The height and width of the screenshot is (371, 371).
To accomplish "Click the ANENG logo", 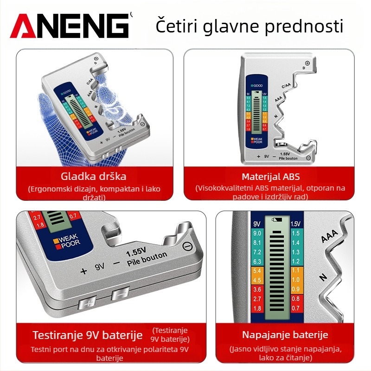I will (70, 26).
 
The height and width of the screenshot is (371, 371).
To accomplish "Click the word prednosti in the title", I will (304, 26).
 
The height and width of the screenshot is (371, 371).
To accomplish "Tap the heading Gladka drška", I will (94, 176).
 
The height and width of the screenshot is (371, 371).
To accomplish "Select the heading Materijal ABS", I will (270, 177).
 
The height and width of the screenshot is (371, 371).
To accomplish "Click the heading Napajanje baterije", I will (285, 335).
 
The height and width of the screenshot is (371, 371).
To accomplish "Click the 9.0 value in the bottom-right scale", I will (258, 233).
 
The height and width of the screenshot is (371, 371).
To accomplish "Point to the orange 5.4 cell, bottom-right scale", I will (258, 270).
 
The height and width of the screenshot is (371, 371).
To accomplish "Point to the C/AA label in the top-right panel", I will (287, 86).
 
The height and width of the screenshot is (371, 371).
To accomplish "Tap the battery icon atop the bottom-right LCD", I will (278, 219).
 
